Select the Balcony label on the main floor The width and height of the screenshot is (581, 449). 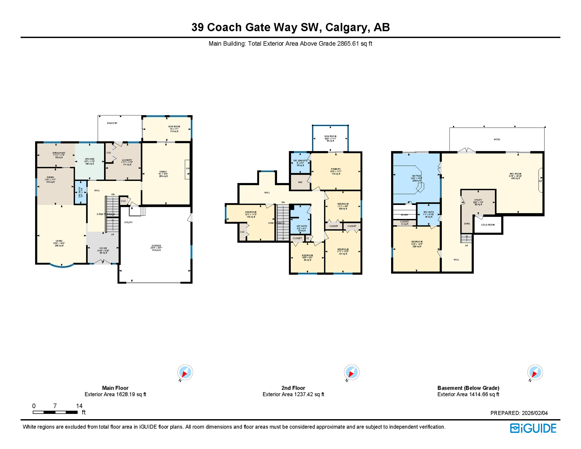point(112,123)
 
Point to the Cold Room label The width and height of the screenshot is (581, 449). point(488,225)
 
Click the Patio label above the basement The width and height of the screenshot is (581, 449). point(497,139)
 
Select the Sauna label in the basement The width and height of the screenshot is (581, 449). point(404,215)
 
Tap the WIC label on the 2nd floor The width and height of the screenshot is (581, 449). point(300,182)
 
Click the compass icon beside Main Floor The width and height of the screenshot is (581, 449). point(185,372)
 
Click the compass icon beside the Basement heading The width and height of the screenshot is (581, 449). point(535,372)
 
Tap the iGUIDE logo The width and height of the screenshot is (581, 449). point(533,428)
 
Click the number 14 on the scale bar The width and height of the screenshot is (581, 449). point(79,406)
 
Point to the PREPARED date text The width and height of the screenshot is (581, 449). point(519,413)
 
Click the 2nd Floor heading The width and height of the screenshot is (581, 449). point(293,388)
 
